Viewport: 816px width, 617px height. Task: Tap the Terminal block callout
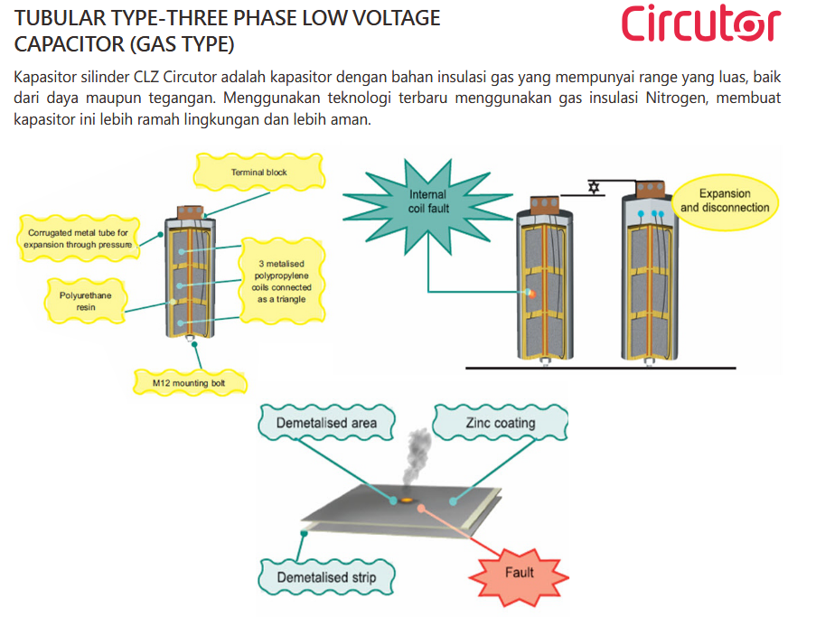coord(258,172)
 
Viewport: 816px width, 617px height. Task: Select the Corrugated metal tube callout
coord(78,238)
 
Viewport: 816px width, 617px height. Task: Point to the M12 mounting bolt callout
coord(188,383)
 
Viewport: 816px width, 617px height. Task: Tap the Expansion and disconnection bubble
coord(725,201)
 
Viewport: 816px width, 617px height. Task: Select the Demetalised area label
coord(326,423)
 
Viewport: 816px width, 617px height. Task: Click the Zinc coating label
coord(500,423)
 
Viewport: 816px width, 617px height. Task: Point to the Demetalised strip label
coord(326,577)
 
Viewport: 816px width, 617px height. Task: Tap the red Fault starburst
coord(519,573)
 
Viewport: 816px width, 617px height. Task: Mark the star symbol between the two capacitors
coord(593,188)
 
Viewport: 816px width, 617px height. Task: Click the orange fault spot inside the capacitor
coord(530,293)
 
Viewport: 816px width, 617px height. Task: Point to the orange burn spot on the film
coord(407,500)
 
